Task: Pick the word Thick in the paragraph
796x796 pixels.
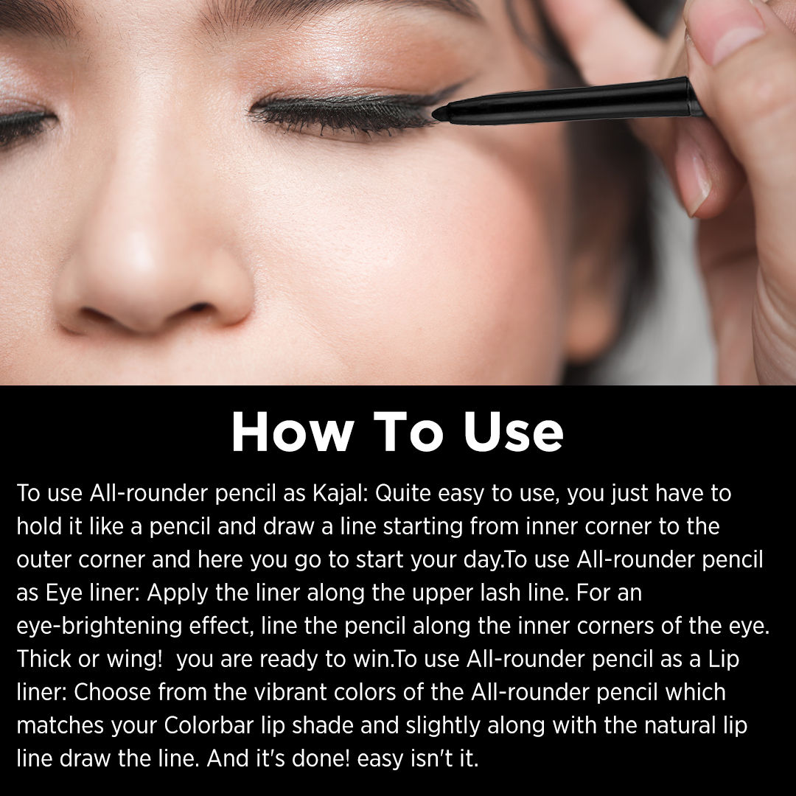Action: [42, 660]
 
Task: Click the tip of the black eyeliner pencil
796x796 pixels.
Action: [437, 112]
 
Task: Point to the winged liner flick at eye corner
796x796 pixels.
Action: [450, 92]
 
